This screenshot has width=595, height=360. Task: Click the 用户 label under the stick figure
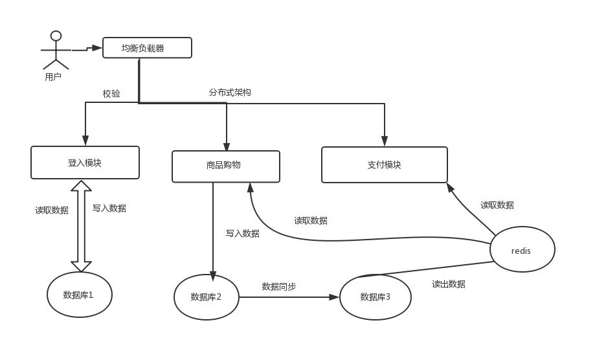53,77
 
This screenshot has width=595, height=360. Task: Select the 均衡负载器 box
148,48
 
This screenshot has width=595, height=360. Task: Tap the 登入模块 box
85,163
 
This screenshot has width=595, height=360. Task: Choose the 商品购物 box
225,166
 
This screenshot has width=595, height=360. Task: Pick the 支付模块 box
384,164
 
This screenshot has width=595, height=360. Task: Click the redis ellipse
522,251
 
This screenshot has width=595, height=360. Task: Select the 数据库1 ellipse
80,295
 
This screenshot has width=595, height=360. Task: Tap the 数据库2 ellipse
207,297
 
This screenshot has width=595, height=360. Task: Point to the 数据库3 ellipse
376,297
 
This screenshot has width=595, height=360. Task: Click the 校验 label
111,94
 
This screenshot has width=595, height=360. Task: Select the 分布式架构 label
230,93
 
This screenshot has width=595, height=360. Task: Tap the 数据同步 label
279,286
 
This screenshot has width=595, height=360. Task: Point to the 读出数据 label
448,284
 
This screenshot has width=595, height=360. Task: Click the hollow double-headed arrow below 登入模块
82,226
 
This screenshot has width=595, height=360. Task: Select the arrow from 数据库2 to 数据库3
289,297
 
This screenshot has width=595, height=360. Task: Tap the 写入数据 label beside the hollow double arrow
109,208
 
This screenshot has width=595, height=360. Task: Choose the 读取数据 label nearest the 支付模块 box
497,205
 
